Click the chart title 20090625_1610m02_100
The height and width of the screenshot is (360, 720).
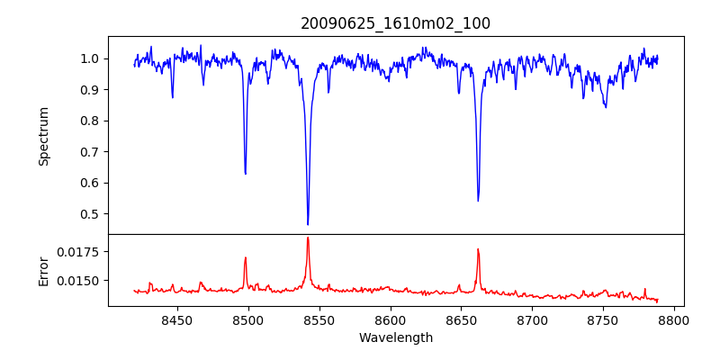pyautogui.click(x=395, y=23)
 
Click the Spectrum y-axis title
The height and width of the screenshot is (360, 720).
pyautogui.click(x=44, y=136)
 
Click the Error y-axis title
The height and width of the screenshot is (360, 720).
pyautogui.click(x=44, y=270)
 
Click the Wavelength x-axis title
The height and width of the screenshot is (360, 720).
pyautogui.click(x=396, y=338)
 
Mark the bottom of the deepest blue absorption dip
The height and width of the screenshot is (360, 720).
pyautogui.click(x=308, y=224)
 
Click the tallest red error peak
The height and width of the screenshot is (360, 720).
pyautogui.click(x=308, y=238)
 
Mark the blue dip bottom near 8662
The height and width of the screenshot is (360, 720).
pyautogui.click(x=478, y=201)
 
